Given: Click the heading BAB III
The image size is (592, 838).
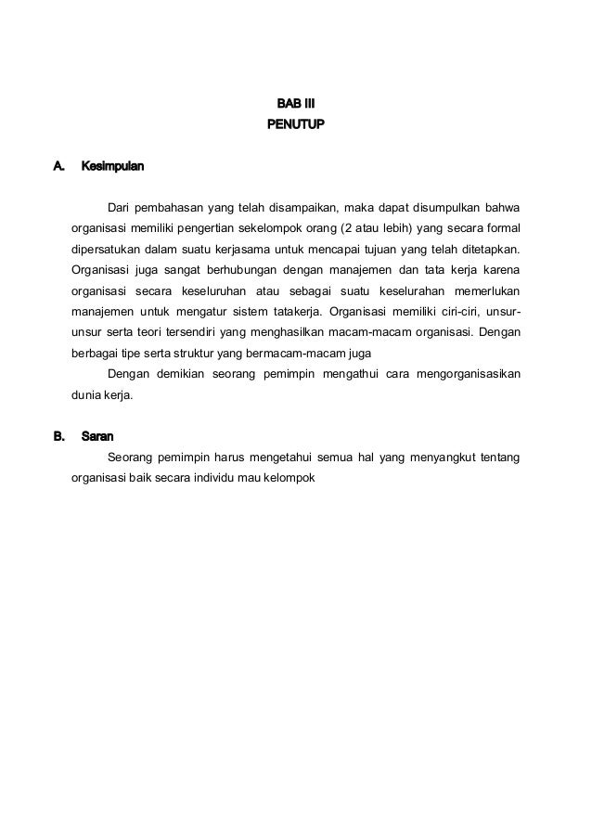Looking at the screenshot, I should (296, 101).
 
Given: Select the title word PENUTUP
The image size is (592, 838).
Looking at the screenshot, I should (296, 122).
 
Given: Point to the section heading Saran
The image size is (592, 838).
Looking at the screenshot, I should (97, 434).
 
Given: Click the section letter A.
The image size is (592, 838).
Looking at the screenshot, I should (58, 167).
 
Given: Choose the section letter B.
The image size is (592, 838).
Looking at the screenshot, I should (58, 434).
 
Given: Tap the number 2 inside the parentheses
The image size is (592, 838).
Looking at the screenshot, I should (347, 228).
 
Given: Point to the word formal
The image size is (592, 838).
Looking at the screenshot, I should (501, 228).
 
